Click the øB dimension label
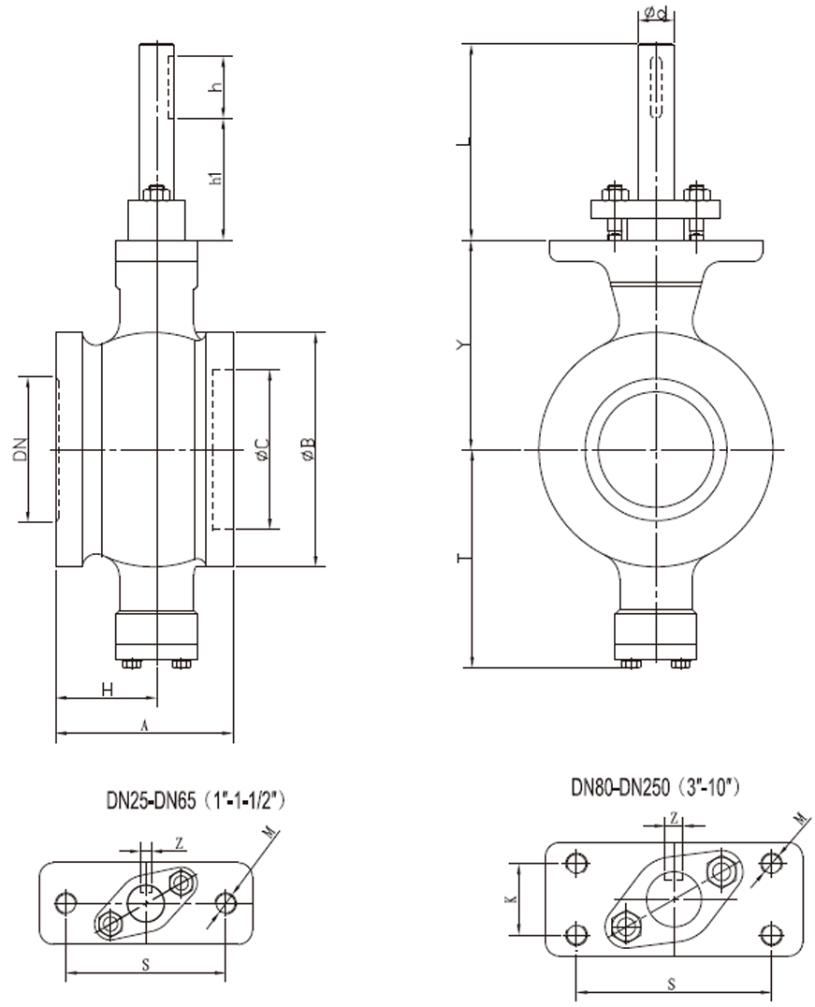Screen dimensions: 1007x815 308,450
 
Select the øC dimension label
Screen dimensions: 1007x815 262,450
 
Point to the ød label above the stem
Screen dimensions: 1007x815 655,13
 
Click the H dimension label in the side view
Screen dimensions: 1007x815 108,690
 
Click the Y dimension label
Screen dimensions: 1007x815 459,345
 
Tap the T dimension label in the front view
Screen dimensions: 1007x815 459,559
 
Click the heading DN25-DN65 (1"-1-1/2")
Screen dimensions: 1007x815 195,801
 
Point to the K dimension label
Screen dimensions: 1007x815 510,898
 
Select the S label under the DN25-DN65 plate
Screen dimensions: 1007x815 145,964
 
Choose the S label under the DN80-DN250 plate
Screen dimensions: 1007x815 673,983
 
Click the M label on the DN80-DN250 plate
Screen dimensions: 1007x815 798,820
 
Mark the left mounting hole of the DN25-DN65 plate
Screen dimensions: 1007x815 65,903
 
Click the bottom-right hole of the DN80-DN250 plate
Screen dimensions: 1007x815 769,934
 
